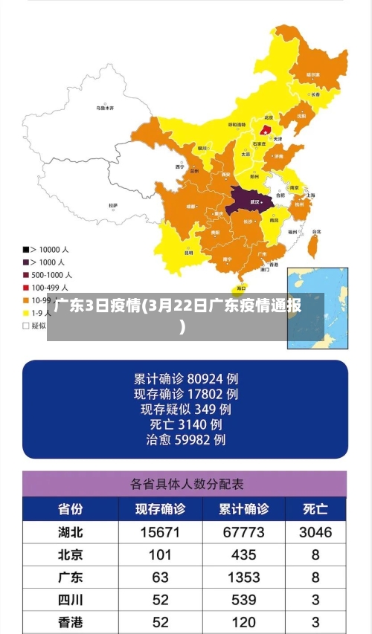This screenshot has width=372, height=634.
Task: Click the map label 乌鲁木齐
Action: (x=105, y=108)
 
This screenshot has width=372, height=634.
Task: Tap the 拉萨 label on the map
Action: (x=113, y=204)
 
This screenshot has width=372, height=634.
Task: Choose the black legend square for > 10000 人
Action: (x=26, y=250)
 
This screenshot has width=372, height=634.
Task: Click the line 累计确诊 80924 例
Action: (x=186, y=378)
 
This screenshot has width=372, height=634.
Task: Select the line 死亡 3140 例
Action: (x=186, y=424)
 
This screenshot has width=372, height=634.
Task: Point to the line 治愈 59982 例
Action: (x=186, y=440)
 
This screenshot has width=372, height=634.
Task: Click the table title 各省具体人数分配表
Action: (x=186, y=484)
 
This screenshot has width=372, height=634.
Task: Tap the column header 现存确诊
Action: (x=160, y=509)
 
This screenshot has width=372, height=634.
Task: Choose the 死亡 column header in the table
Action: (x=315, y=509)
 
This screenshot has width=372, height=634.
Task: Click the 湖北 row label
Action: (x=71, y=532)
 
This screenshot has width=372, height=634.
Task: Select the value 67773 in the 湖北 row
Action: (x=243, y=532)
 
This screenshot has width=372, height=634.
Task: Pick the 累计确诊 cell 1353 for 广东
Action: (x=243, y=578)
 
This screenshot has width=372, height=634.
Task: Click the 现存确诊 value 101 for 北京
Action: (x=160, y=554)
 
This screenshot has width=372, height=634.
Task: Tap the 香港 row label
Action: (x=71, y=622)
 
